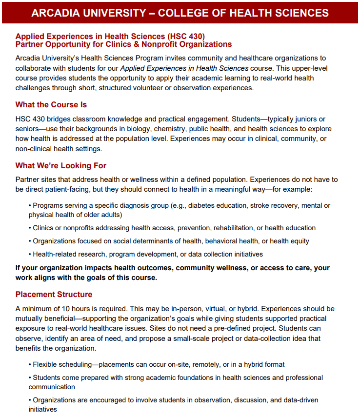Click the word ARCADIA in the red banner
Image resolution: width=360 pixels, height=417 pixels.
tap(55, 13)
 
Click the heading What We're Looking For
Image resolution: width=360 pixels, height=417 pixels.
tap(60, 166)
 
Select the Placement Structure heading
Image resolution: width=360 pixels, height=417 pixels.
tap(54, 295)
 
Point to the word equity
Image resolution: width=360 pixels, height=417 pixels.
tap(299, 241)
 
